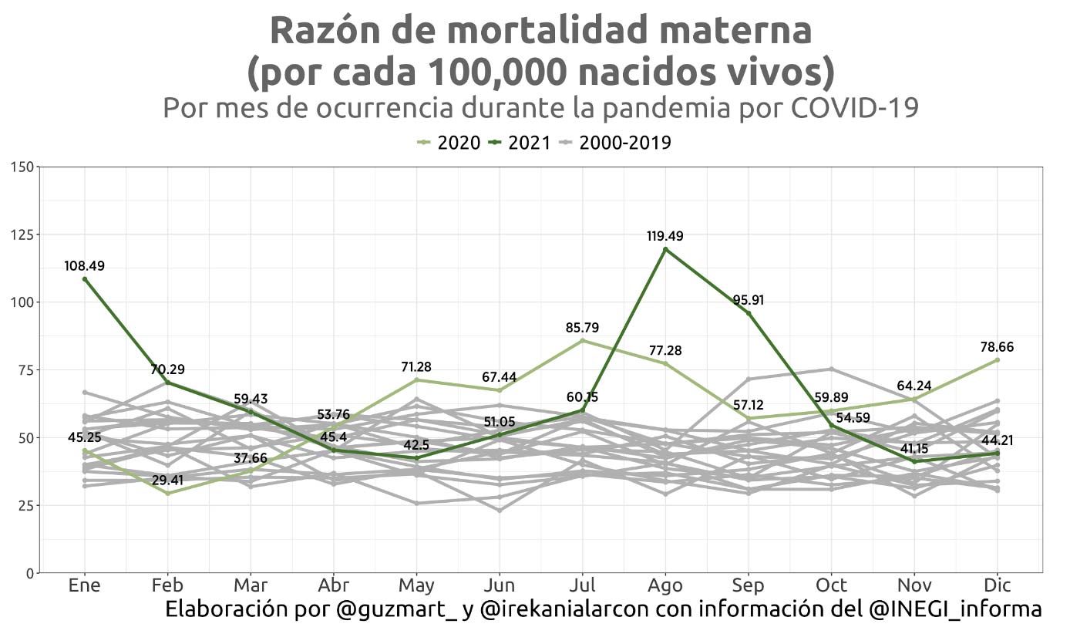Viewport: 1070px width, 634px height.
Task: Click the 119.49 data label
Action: click(665, 236)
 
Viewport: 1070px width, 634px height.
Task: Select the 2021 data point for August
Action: click(665, 249)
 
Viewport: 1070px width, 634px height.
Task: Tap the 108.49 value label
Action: click(85, 266)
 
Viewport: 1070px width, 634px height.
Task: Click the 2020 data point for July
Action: click(582, 341)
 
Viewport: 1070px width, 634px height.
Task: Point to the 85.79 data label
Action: click(582, 328)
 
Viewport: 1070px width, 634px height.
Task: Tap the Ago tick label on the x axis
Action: click(665, 585)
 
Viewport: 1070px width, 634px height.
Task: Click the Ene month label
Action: click(85, 585)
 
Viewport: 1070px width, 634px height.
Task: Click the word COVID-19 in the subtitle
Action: click(855, 108)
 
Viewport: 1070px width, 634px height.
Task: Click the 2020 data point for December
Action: click(997, 360)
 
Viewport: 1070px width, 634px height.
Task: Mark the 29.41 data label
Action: click(168, 480)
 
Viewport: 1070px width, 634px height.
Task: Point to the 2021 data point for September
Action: click(748, 313)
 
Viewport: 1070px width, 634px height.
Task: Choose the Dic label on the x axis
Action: click(997, 585)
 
